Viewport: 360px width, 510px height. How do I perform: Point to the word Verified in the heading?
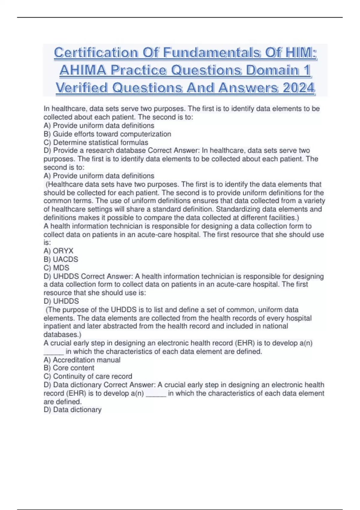point(82,88)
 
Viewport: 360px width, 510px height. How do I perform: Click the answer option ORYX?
point(63,251)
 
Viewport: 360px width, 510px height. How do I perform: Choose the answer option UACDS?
point(65,259)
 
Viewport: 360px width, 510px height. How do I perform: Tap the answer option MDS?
point(61,268)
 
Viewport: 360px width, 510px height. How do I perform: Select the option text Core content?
point(73,368)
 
